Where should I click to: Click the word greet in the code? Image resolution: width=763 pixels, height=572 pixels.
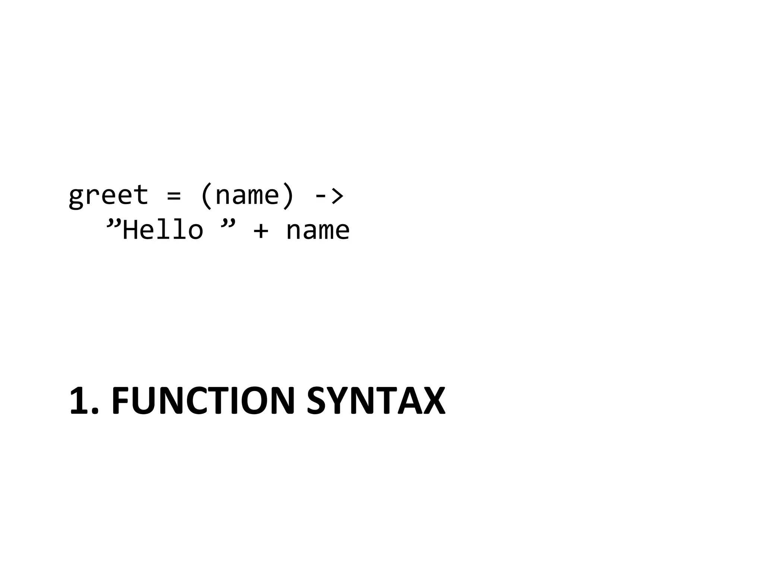108,195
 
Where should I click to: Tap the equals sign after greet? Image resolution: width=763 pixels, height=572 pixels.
174,196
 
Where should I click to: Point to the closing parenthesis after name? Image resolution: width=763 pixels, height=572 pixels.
288,196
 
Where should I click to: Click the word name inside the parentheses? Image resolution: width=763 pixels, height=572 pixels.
247,196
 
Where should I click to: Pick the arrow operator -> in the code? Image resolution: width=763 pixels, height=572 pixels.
329,196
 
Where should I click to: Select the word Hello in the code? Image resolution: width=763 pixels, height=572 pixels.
163,230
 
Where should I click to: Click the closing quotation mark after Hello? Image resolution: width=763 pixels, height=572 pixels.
228,225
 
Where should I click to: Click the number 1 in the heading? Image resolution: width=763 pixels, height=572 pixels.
80,401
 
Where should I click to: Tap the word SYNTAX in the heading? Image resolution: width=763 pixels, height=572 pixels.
376,401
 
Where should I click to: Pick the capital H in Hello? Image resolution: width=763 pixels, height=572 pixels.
130,230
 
